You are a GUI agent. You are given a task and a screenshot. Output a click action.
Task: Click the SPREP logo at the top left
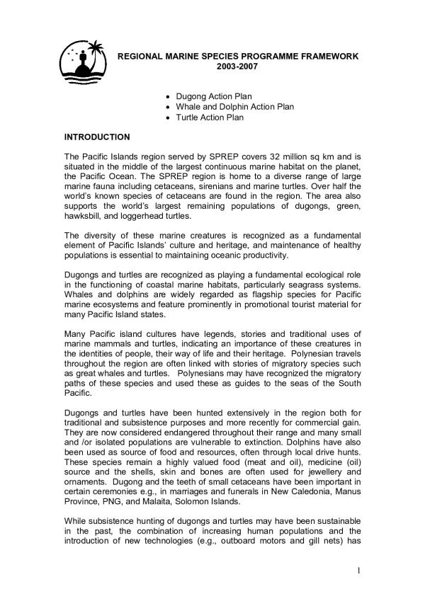click(x=81, y=60)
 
